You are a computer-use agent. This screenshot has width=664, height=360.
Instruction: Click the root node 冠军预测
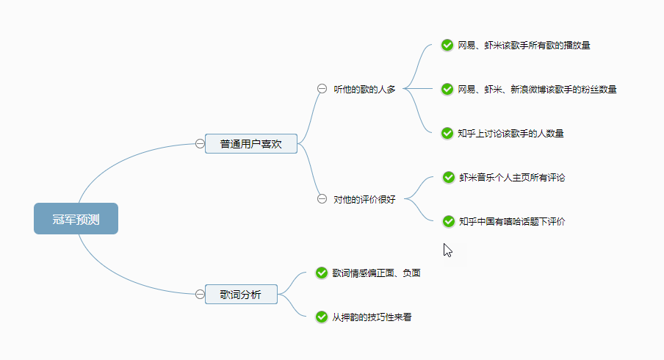pos(76,219)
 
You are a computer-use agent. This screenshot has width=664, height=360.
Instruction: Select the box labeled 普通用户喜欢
pos(250,144)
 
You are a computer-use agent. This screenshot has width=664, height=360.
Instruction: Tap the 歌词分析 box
pos(240,295)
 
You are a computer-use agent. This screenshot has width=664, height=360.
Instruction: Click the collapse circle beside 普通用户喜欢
pos(200,144)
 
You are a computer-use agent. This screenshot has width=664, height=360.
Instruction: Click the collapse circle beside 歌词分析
pos(200,295)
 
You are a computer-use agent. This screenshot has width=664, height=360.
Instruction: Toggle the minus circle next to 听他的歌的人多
pos(322,89)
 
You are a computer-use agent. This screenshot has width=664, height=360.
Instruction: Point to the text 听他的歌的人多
pos(364,89)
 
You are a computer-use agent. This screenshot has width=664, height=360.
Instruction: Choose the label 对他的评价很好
pos(364,199)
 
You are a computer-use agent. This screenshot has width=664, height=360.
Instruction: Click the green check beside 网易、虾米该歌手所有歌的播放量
pos(447,45)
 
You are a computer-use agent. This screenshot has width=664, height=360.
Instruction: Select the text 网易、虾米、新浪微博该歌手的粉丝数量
pos(537,89)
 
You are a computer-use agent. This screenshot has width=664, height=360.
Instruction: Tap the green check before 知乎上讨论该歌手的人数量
pos(447,133)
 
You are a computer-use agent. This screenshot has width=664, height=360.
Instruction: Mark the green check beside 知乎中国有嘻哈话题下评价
pos(448,221)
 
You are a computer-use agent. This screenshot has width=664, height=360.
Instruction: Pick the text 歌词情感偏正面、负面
pos(376,273)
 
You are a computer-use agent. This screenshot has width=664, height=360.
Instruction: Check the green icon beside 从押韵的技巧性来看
pos(321,317)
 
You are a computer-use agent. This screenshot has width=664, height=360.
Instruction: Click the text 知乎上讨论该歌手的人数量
pos(510,133)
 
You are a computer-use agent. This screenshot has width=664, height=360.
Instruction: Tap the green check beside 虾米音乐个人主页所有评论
pos(448,177)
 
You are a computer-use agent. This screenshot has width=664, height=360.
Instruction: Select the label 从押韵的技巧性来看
pos(377,317)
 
